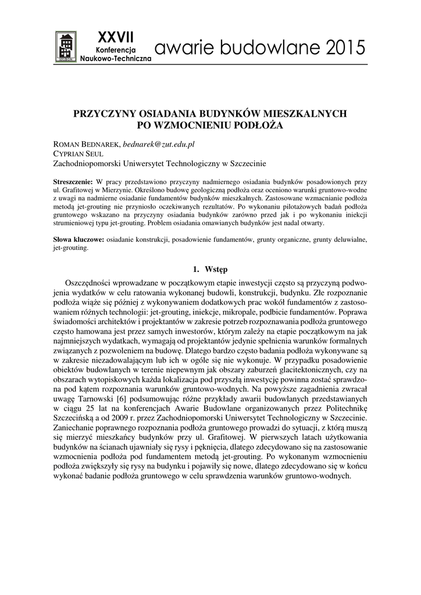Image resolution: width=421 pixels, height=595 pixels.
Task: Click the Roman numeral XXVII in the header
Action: click(115, 37)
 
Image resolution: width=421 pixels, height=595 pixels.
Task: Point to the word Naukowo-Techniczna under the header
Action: click(115, 59)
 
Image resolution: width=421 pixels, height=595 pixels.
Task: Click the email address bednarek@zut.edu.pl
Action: click(159, 144)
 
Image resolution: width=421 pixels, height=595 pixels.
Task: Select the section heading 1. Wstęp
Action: click(210, 269)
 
